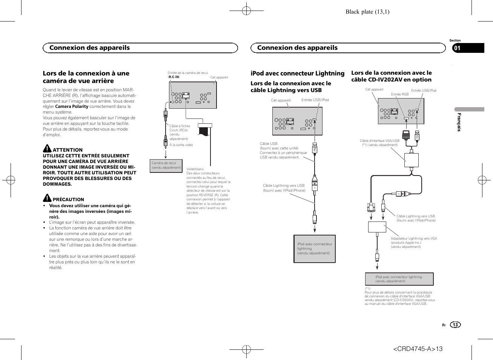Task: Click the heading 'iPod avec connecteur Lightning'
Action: coord(297,74)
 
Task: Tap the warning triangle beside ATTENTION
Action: coord(47,148)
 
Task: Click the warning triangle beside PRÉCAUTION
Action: coord(47,198)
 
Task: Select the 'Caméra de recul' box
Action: coord(166,165)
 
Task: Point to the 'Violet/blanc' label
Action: coord(195,169)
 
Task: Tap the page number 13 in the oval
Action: coord(455,325)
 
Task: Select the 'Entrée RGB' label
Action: coord(400,94)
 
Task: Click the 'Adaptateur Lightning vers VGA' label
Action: coord(414,238)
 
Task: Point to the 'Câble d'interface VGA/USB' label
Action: coord(379,141)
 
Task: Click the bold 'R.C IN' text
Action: coord(174,77)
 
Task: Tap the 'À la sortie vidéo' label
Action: coord(181,145)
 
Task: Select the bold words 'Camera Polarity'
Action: coord(72,106)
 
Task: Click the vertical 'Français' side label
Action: coord(459,122)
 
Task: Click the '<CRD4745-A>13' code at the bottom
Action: coord(418,349)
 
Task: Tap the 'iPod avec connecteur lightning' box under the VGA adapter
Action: coord(399,279)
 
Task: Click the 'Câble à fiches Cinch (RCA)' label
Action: coord(180,128)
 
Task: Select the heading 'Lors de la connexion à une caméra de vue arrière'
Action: coord(86,77)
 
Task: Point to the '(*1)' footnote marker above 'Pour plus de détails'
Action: coord(367,289)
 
